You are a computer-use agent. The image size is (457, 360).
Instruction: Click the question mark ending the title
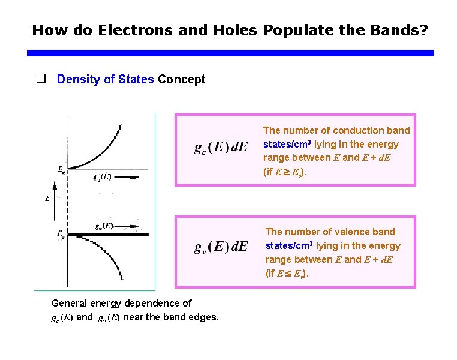[x=424, y=29]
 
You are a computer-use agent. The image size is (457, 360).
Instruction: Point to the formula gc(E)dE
[x=221, y=148]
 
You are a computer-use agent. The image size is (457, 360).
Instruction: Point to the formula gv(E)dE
[x=221, y=247]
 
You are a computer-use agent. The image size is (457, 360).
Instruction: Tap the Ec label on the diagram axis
[x=61, y=171]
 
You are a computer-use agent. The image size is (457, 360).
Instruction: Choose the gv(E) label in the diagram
[x=104, y=226]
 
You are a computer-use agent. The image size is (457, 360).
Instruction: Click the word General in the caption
[x=70, y=303]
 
